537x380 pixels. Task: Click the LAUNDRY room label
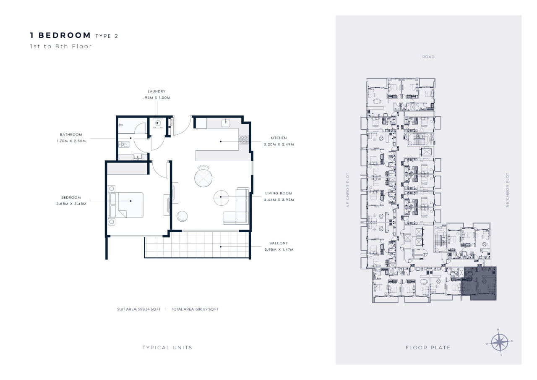tap(156, 92)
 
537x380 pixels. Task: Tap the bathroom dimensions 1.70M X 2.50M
tap(71, 141)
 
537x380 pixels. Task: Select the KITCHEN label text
tap(279, 138)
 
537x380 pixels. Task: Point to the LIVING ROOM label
tap(279, 193)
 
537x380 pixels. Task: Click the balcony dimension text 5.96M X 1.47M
tap(279, 249)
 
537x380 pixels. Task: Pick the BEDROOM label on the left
tap(71, 197)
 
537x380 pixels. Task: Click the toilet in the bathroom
tap(124, 144)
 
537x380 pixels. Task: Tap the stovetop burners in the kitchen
tap(244, 139)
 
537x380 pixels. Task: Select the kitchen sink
tap(226, 123)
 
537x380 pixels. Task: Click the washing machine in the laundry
tap(157, 123)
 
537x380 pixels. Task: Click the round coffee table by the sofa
tap(221, 198)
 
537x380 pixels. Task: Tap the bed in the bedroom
tap(125, 205)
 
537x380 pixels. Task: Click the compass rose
tap(499, 342)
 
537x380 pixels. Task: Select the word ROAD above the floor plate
tap(428, 57)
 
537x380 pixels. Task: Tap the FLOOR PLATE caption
tap(428, 348)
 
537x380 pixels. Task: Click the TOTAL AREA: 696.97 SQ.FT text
tap(195, 309)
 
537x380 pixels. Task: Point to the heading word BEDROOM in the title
tap(65, 35)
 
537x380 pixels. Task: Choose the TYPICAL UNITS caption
tap(167, 348)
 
